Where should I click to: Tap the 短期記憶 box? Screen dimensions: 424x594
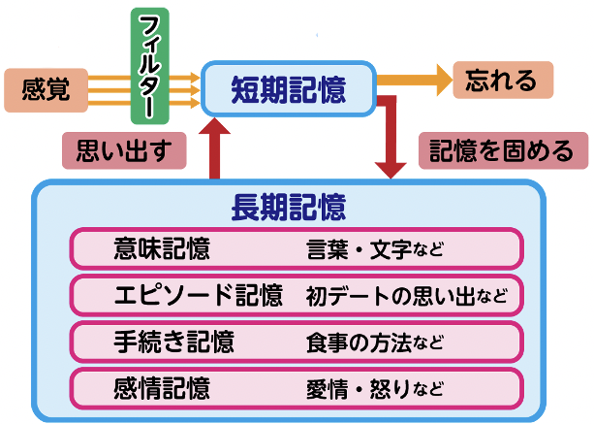coord(288,89)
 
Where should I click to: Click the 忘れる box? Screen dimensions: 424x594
coord(500,80)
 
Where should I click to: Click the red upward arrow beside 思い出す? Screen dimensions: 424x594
coord(216,146)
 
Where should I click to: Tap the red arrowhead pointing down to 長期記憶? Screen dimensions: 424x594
coord(391,167)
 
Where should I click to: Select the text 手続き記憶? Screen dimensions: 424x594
coord(172,341)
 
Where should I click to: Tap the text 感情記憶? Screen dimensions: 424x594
coord(161,388)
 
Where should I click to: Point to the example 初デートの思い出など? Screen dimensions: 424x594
coord(405,294)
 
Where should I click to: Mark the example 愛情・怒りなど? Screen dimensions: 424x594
coord(374,389)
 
